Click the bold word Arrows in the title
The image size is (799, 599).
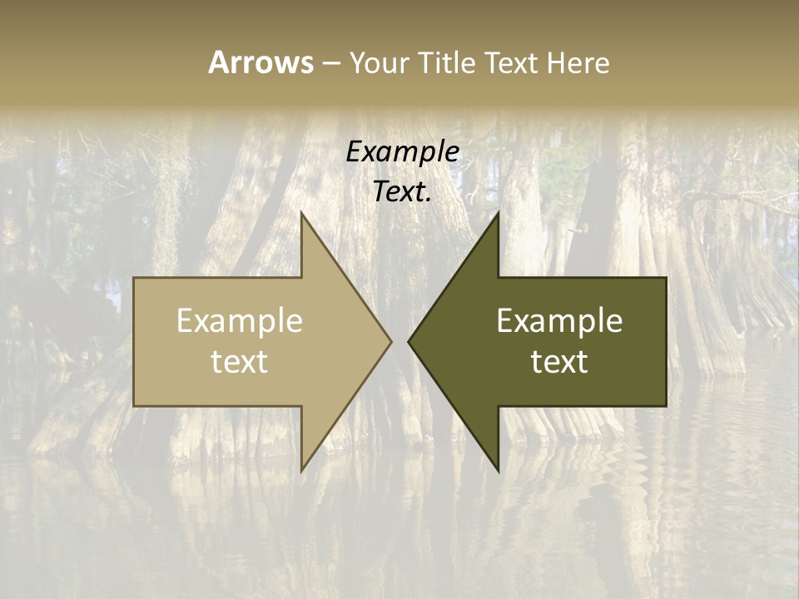261,62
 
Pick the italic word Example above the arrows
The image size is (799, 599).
403,151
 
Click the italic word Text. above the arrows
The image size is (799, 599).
403,191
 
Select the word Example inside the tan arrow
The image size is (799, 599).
240,321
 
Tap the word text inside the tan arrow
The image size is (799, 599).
240,361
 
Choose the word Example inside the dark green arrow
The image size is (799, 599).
559,321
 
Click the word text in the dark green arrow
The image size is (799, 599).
559,361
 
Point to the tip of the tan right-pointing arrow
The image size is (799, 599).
391,341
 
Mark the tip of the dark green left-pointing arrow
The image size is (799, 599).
408,341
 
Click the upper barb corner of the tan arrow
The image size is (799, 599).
301,212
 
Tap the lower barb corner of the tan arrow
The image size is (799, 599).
301,471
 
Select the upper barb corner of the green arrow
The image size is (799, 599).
498,212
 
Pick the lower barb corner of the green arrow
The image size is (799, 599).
498,471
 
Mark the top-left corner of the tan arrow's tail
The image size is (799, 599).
134,278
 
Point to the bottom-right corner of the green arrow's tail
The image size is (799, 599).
666,406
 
